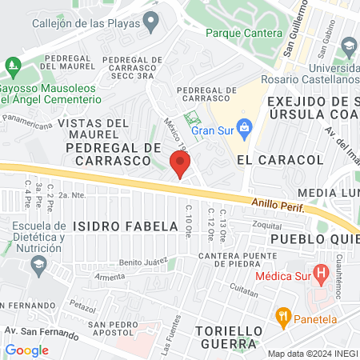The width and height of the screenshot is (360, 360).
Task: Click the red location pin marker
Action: point(180,164)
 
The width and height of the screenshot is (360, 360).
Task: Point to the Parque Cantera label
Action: point(243,34)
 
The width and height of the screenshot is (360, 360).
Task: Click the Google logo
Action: point(27,350)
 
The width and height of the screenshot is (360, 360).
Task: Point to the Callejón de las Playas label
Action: point(83,23)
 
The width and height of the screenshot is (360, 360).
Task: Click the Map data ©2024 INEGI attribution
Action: point(312,354)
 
